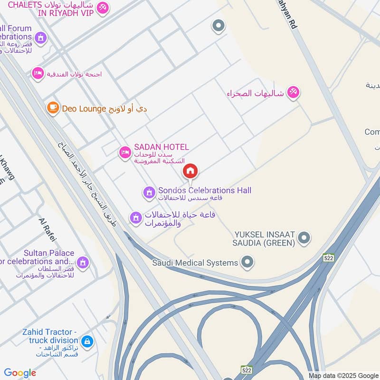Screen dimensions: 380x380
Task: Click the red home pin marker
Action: click(190, 171)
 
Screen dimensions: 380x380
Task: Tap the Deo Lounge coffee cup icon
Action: click(53, 108)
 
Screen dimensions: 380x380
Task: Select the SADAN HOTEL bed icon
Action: click(125, 152)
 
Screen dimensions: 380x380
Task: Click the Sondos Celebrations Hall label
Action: click(204, 190)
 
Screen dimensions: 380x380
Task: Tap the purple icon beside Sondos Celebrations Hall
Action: click(149, 192)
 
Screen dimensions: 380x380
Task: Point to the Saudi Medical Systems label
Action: click(195, 263)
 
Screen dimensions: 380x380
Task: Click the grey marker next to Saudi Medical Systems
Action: click(247, 261)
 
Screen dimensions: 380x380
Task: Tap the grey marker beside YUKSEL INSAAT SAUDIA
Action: click(305, 237)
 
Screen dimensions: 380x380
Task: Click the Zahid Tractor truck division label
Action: click(50, 336)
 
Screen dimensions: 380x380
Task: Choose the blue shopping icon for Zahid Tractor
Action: click(87, 341)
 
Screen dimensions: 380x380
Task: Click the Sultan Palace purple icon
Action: click(83, 262)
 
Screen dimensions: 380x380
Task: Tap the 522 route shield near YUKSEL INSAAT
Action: click(329, 257)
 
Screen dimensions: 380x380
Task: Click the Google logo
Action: click(20, 373)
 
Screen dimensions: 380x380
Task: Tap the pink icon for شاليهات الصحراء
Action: click(294, 93)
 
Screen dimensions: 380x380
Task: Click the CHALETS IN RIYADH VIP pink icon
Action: click(103, 8)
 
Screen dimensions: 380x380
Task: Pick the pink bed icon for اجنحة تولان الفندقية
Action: click(38, 74)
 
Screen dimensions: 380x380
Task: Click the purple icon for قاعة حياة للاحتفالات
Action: click(136, 218)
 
